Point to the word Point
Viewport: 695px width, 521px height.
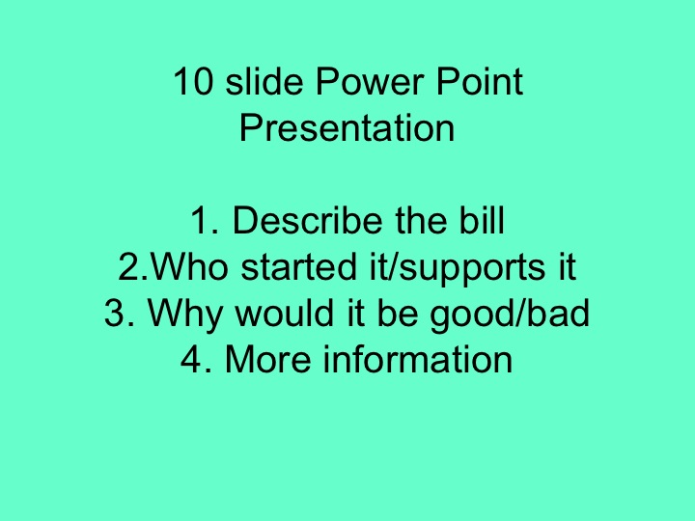click(x=480, y=82)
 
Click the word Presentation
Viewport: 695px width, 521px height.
click(x=347, y=128)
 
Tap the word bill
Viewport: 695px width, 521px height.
click(x=482, y=221)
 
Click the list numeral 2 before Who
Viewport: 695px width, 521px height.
click(x=126, y=267)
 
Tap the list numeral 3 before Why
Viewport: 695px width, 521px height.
click(x=115, y=314)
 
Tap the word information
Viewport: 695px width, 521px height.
click(x=418, y=360)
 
